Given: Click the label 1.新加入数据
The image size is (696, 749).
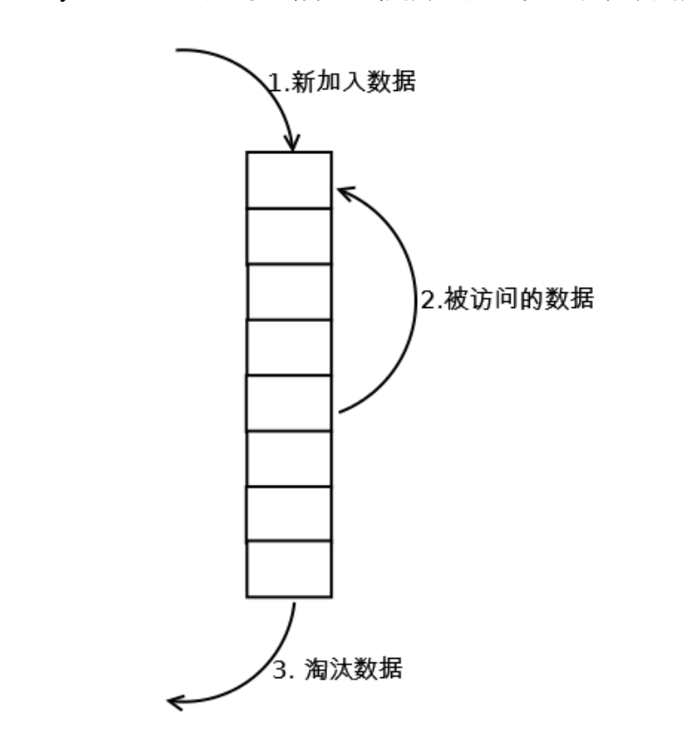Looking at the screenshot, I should click(x=341, y=83).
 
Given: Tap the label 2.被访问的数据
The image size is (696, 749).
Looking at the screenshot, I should click(x=507, y=300).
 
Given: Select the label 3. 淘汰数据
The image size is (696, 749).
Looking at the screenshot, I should click(x=338, y=671).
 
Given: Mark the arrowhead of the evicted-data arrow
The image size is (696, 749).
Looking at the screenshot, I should click(x=177, y=701).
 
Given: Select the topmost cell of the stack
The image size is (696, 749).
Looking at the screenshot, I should click(x=289, y=180).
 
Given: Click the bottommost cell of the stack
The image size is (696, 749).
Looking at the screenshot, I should click(x=289, y=569).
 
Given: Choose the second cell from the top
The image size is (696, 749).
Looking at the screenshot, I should click(x=289, y=236).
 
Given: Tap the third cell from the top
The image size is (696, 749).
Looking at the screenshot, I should click(x=289, y=291).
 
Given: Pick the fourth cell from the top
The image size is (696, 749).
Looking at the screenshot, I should click(x=289, y=347).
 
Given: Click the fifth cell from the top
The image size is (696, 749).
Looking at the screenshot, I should click(x=289, y=402).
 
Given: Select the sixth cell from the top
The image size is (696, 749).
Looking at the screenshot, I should click(x=289, y=458).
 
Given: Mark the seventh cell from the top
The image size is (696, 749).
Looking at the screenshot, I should click(x=289, y=514).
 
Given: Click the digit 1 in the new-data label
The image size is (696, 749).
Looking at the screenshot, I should click(x=273, y=84).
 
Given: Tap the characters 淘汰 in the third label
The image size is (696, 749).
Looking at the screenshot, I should click(x=326, y=671).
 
